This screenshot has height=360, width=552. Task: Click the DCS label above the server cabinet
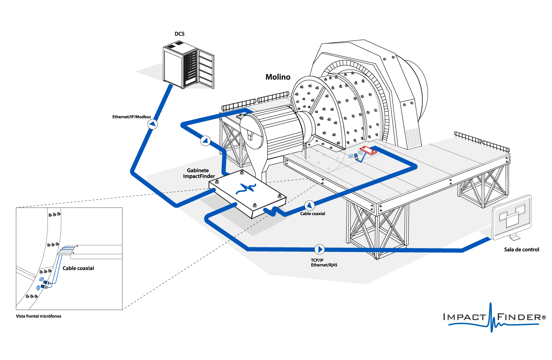[180, 34]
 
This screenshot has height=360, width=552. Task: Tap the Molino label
[278, 77]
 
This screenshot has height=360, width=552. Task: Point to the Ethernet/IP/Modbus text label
[131, 117]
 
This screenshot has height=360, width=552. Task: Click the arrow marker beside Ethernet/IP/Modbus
[152, 124]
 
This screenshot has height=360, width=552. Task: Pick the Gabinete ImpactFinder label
[199, 173]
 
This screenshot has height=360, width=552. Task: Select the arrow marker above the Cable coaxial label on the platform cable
[309, 205]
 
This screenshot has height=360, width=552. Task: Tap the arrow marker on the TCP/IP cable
[319, 249]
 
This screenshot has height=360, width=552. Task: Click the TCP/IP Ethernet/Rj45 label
[324, 262]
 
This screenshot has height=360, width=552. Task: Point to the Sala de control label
[521, 250]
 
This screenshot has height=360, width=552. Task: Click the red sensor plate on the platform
[368, 150]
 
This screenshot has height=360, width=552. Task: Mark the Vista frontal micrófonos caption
[39, 316]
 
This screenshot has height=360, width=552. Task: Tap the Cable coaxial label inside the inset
[78, 268]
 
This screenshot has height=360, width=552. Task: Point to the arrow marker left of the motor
[205, 140]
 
